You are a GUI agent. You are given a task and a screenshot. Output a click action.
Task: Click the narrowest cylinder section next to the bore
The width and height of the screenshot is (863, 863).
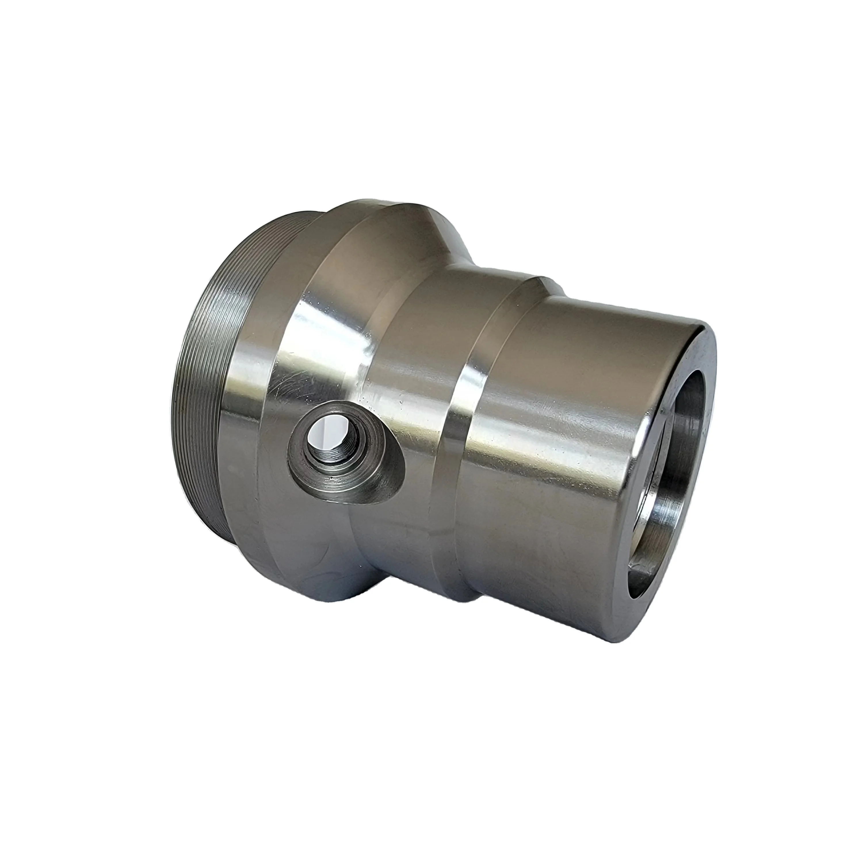click(x=558, y=447)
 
